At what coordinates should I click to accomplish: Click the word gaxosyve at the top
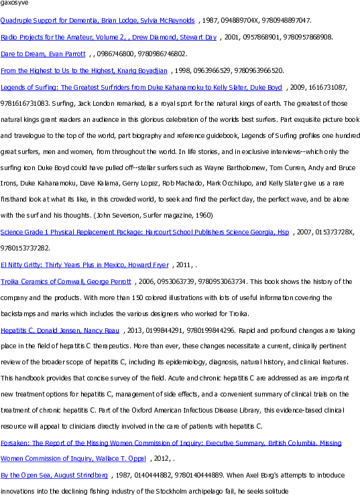tap(14, 3)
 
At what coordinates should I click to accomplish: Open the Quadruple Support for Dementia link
tap(97, 21)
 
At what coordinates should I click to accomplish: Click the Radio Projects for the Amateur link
tap(109, 38)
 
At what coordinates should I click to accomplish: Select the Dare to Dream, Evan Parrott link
tap(43, 54)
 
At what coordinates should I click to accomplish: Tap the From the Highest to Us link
tap(84, 71)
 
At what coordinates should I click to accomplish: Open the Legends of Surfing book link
tap(141, 88)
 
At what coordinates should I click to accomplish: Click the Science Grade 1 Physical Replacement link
tap(144, 232)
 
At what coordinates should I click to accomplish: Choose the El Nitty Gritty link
tap(84, 265)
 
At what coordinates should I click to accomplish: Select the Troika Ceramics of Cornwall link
tap(66, 281)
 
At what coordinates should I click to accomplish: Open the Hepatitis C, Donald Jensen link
tap(60, 330)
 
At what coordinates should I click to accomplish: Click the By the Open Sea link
tap(54, 475)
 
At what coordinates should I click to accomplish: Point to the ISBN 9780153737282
tap(24, 248)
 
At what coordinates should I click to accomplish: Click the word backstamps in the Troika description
tap(18, 313)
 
